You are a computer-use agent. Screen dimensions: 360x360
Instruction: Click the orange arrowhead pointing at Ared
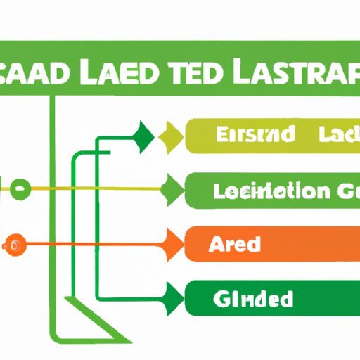tap(173, 245)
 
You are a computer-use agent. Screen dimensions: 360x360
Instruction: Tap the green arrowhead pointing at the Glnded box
tap(172, 299)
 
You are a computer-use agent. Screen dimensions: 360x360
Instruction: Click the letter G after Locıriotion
tap(338, 190)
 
